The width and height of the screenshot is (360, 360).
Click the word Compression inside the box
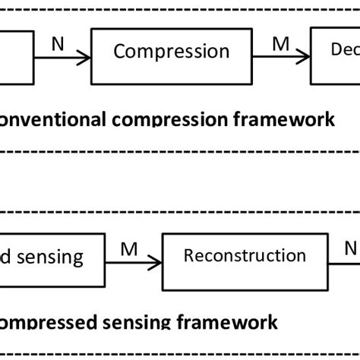(x=171, y=52)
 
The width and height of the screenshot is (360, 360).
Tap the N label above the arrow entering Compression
(x=58, y=44)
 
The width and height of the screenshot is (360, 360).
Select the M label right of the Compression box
(x=281, y=44)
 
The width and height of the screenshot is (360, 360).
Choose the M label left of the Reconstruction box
(x=128, y=250)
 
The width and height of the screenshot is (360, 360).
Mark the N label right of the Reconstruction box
(x=349, y=250)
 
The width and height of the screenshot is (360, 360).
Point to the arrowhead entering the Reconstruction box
(x=159, y=264)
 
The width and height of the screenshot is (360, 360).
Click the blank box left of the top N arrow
(x=15, y=57)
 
